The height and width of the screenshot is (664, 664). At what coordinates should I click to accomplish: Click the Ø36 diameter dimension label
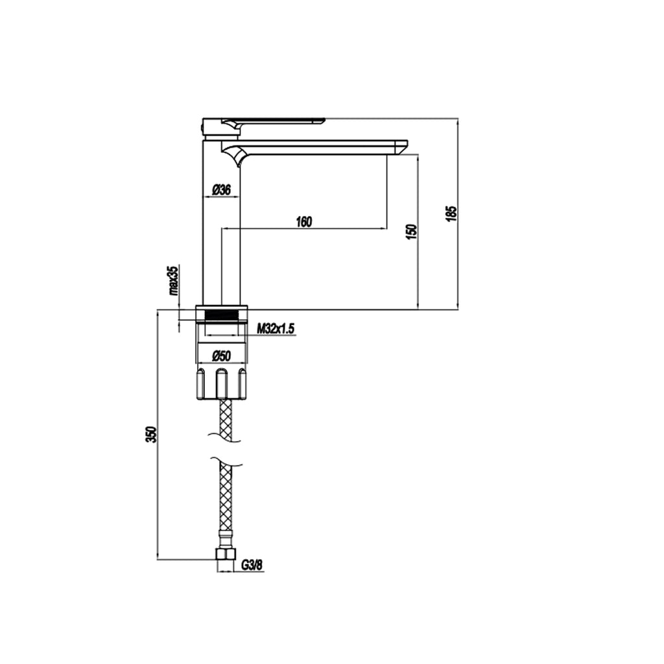(x=222, y=190)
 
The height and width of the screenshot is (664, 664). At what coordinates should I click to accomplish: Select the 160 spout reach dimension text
(x=303, y=222)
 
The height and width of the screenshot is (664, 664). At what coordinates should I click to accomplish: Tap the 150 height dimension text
(x=410, y=231)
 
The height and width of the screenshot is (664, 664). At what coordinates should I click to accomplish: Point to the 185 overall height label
(x=451, y=214)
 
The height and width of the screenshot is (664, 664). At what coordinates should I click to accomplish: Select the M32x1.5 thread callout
(x=276, y=329)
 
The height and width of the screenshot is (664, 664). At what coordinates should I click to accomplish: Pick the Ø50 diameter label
(x=222, y=355)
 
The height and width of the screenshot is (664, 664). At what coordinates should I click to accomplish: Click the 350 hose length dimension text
(x=151, y=434)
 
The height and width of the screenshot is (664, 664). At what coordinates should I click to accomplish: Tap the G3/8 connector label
(x=252, y=565)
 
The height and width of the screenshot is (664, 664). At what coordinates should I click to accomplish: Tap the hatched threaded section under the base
(x=222, y=315)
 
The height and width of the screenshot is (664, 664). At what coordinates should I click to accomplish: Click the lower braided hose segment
(x=225, y=499)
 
